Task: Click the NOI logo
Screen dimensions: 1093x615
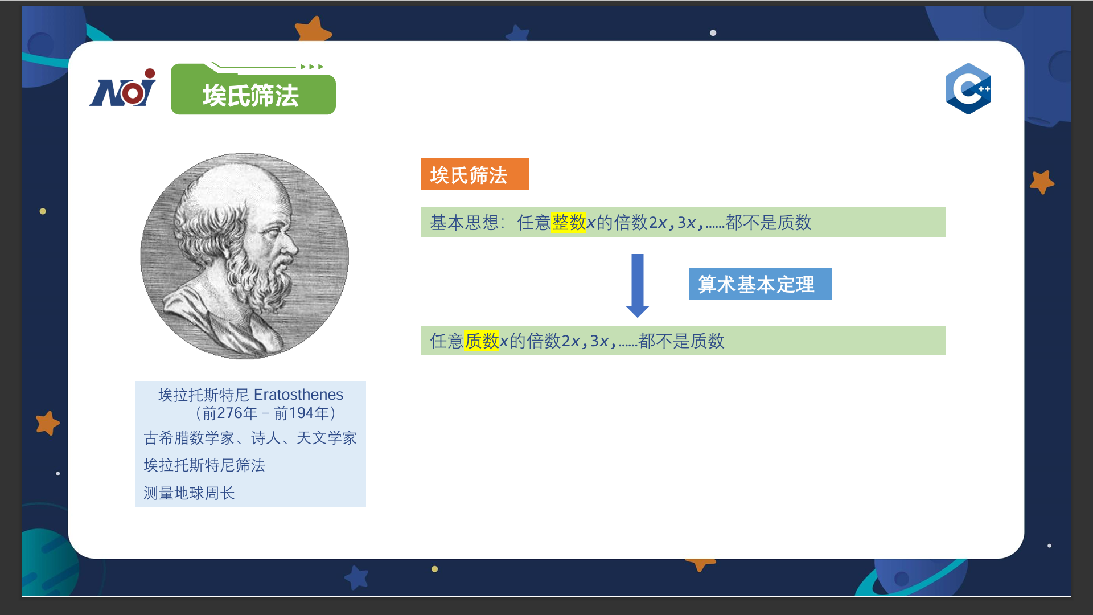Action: pyautogui.click(x=122, y=88)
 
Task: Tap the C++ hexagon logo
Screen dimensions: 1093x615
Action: pyautogui.click(x=968, y=89)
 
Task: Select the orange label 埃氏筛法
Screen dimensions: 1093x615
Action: pyautogui.click(x=475, y=174)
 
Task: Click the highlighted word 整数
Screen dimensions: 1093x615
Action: pyautogui.click(x=569, y=222)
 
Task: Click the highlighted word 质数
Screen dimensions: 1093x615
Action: pyautogui.click(x=482, y=341)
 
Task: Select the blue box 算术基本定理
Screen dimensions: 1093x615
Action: pyautogui.click(x=760, y=284)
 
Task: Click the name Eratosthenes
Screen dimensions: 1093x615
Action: pyautogui.click(x=298, y=395)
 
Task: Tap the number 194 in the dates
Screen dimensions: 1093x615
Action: pyautogui.click(x=302, y=413)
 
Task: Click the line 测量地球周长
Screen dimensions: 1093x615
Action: pyautogui.click(x=189, y=493)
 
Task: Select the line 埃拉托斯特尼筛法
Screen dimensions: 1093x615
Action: pyautogui.click(x=204, y=465)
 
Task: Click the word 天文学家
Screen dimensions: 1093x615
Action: pyautogui.click(x=326, y=438)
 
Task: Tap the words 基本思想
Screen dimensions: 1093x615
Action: pyautogui.click(x=464, y=222)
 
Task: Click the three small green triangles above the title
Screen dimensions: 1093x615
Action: pyautogui.click(x=312, y=67)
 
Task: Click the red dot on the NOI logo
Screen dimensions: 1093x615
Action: pyautogui.click(x=150, y=73)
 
